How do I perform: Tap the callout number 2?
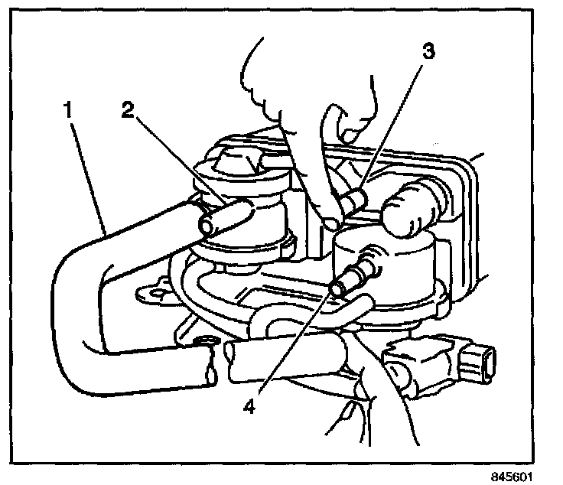tap(127, 109)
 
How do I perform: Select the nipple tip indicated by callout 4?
tap(337, 288)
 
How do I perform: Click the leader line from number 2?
tap(176, 161)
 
